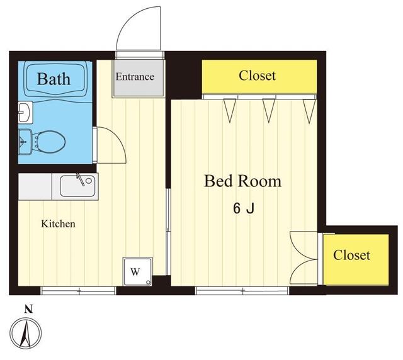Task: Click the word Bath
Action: click(53, 79)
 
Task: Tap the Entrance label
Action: click(134, 77)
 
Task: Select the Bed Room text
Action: click(242, 182)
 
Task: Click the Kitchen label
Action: click(59, 224)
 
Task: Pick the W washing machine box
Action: click(136, 271)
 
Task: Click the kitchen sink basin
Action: click(77, 187)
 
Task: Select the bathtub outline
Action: click(56, 80)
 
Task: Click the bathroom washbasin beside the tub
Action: click(24, 112)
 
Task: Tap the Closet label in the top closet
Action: click(257, 76)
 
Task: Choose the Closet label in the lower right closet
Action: click(351, 255)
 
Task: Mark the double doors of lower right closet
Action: click(305, 258)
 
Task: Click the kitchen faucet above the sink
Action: click(79, 179)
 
